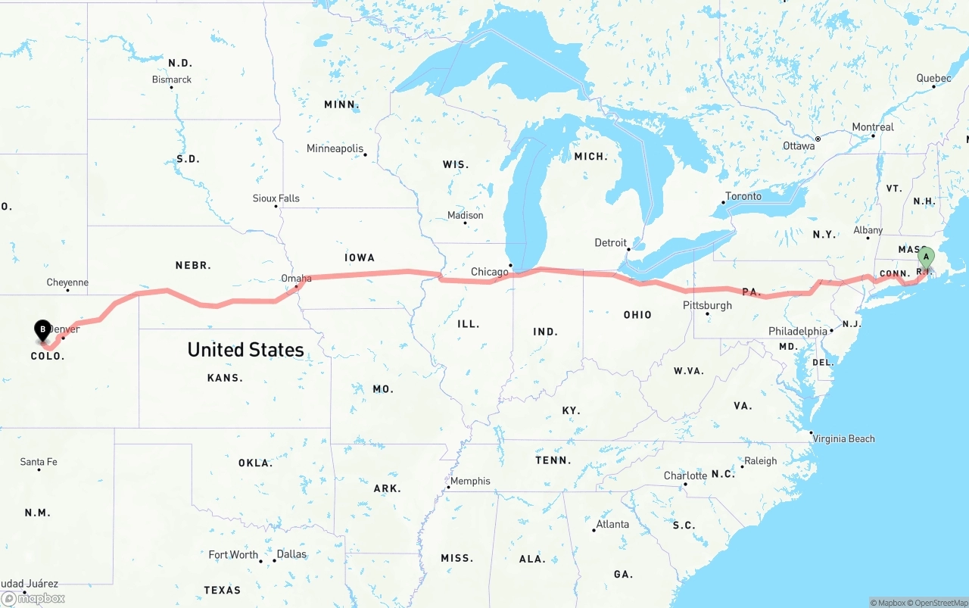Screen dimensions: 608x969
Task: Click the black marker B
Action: tap(43, 329)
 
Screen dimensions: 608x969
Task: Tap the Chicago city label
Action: tap(490, 272)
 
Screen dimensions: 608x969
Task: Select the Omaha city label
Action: tap(296, 279)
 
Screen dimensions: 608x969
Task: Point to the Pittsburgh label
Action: tap(707, 305)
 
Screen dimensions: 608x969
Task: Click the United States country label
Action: tap(245, 350)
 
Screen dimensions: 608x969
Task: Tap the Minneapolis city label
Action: tap(335, 148)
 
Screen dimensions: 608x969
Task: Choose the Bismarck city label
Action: tap(172, 80)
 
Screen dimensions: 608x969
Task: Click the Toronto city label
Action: tap(743, 196)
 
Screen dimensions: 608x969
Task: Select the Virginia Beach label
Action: tap(844, 438)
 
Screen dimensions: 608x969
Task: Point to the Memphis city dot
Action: tap(448, 487)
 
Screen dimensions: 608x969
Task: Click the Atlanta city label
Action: tap(612, 524)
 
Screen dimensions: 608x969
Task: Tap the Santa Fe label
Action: tap(39, 462)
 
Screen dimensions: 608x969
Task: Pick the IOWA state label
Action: tap(360, 258)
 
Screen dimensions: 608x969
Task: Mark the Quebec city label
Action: tap(933, 79)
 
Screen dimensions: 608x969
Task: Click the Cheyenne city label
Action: tap(67, 282)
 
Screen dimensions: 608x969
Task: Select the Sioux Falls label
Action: tap(276, 198)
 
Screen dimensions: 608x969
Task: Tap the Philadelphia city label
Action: tap(797, 332)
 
